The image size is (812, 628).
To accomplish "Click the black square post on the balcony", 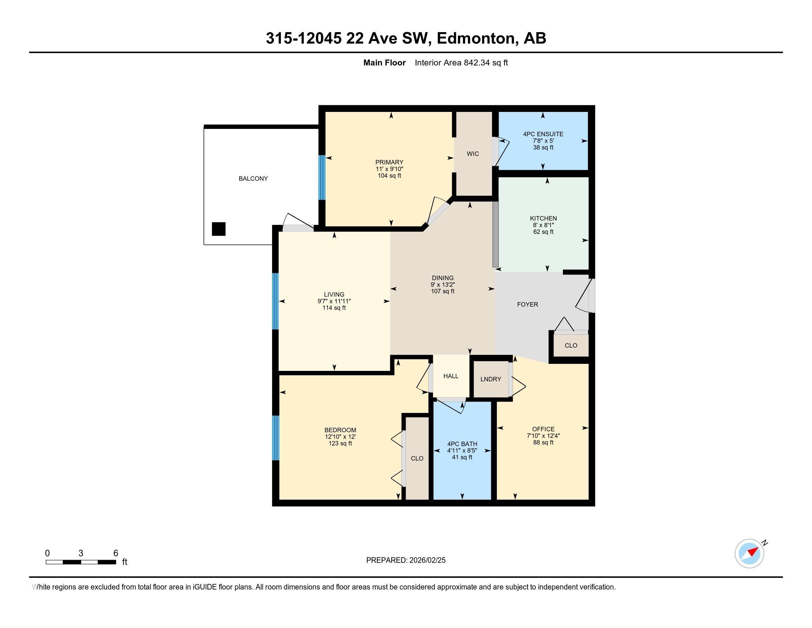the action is [x=219, y=229].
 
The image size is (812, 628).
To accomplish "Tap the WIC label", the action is [x=473, y=154].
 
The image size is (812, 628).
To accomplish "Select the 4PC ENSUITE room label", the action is [x=543, y=134].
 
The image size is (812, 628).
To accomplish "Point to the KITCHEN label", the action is [x=543, y=218].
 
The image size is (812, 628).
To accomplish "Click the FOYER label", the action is [x=527, y=304].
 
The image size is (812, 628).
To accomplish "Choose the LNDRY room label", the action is [x=491, y=379].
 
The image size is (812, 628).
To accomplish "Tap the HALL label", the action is [x=451, y=376].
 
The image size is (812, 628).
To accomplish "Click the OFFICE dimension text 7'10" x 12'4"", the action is [x=543, y=436].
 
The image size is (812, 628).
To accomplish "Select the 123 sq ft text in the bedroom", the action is [x=340, y=443].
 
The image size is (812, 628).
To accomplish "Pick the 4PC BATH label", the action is [x=462, y=444].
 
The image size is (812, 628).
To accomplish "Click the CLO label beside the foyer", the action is [x=571, y=345].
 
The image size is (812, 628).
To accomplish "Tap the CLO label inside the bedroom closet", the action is [x=417, y=458].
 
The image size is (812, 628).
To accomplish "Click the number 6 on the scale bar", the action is [x=116, y=553].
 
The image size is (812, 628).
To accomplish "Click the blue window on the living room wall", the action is [x=275, y=301].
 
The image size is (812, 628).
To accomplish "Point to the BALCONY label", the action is [x=253, y=178].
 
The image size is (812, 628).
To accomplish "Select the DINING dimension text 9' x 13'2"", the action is [x=443, y=284].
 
